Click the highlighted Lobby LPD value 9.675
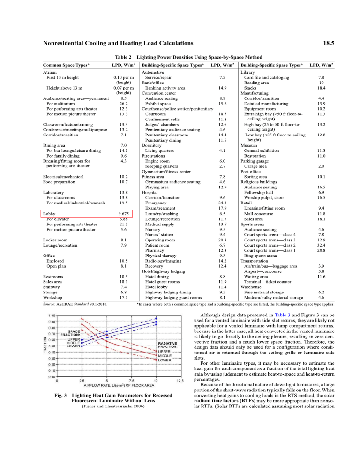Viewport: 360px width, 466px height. (x=123, y=213)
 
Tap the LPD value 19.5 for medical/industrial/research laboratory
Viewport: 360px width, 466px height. (x=124, y=203)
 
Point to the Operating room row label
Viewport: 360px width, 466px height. (x=161, y=240)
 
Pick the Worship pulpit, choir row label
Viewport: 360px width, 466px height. (x=267, y=197)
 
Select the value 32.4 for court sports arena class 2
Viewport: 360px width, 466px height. (x=321, y=245)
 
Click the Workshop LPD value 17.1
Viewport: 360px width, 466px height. (x=124, y=297)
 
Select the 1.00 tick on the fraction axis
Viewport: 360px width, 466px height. (x=52, y=316)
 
